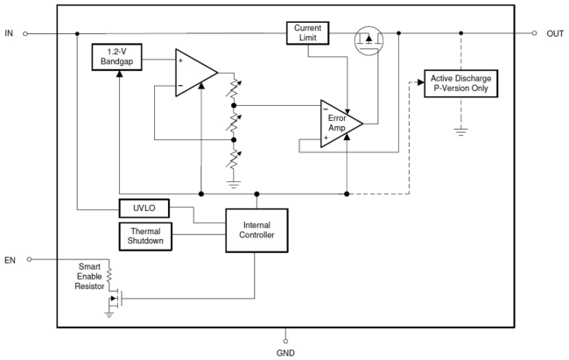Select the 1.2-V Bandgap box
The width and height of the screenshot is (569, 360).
(x=116, y=60)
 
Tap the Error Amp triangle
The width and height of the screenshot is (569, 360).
(x=338, y=124)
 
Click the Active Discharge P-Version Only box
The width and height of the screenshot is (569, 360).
(x=460, y=85)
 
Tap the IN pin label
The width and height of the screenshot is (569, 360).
(x=9, y=34)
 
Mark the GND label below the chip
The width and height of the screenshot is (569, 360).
(x=286, y=352)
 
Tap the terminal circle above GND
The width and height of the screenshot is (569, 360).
(x=286, y=338)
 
